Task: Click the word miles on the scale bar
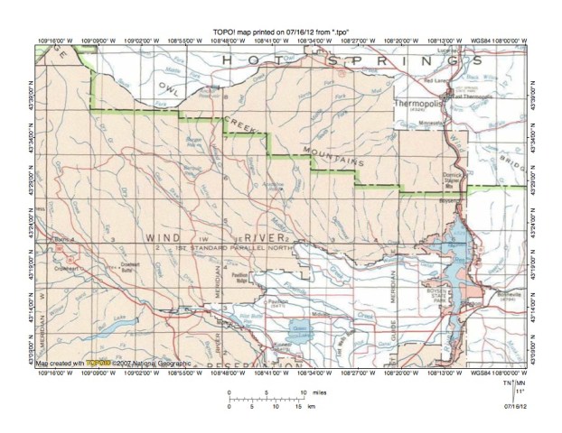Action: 322,393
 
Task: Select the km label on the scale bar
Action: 312,407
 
